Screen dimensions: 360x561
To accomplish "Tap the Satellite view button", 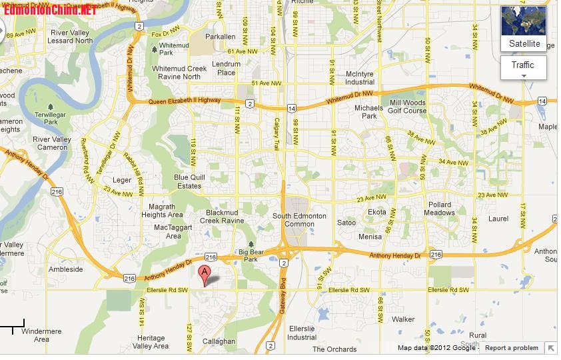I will point(524,29).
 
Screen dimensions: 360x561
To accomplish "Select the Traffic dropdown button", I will point(523,67).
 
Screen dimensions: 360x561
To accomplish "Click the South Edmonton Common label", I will point(299,220).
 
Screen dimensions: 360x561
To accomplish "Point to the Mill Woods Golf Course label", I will point(407,107).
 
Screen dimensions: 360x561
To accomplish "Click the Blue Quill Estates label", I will point(188,181).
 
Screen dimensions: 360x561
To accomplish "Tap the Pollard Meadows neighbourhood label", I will point(439,209).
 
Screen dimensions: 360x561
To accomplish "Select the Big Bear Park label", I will point(252,255).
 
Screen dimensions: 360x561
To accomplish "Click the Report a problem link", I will point(511,348).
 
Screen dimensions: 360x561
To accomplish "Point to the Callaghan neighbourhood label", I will point(218,341).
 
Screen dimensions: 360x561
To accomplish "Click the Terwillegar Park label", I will point(51,118).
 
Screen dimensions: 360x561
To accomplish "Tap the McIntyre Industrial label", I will point(360,78).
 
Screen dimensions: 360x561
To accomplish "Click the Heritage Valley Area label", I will point(151,342).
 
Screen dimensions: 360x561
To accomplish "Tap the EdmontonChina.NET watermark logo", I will point(50,10).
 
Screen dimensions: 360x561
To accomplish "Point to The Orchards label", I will point(334,349).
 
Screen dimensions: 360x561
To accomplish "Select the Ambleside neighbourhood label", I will point(66,269).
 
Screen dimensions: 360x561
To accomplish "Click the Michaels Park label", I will point(368,111).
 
